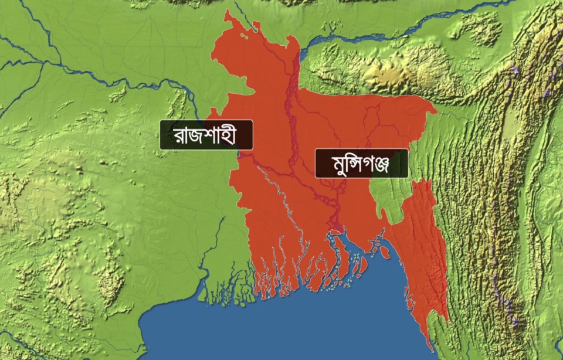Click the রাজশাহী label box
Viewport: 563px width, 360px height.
[x=206, y=135]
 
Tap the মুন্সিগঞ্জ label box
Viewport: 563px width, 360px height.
[x=361, y=164]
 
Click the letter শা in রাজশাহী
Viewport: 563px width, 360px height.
[x=214, y=136]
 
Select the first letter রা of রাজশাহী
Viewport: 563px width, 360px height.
[x=181, y=136]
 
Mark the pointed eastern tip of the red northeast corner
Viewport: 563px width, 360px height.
[x=436, y=109]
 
